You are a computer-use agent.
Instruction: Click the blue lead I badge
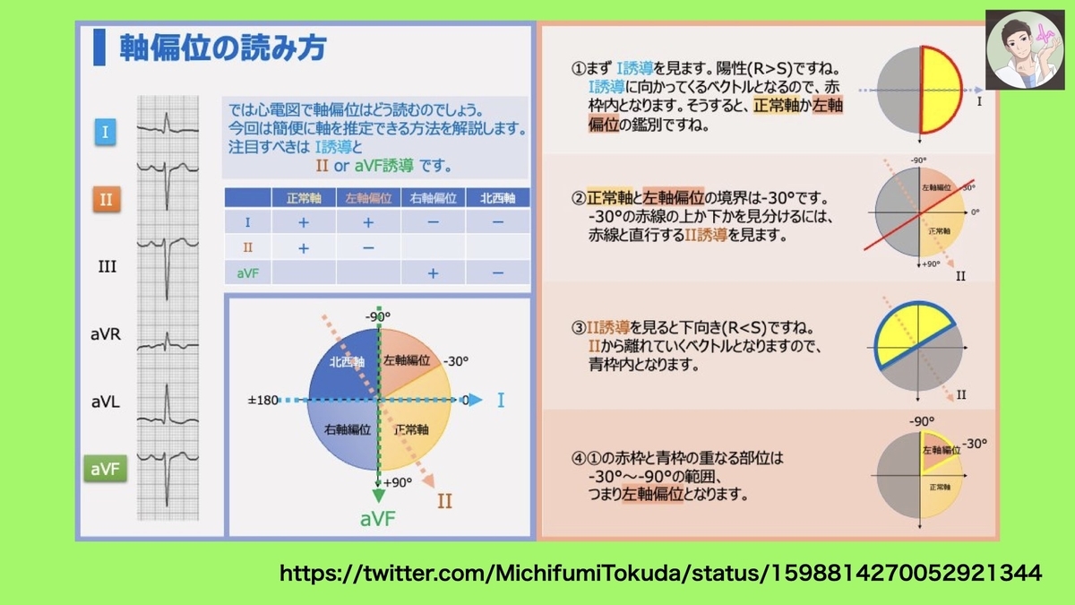point(105,132)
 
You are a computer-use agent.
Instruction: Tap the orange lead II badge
point(106,199)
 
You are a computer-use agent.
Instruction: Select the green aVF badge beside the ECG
point(105,469)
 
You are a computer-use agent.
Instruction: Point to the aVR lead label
point(106,333)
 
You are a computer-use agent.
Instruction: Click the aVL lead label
point(106,402)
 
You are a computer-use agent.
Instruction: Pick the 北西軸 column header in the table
point(498,198)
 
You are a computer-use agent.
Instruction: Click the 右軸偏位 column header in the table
point(433,198)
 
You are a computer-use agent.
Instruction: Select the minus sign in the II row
point(368,247)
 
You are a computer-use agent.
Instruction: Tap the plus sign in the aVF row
point(433,273)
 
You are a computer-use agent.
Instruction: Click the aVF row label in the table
point(247,273)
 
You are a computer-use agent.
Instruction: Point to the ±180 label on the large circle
point(262,400)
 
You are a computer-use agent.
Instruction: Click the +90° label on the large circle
point(398,482)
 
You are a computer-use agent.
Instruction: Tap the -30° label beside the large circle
point(455,361)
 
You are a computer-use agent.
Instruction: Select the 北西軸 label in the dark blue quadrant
point(347,362)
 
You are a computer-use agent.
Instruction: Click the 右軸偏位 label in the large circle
point(347,429)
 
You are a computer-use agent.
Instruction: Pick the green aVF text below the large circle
point(378,519)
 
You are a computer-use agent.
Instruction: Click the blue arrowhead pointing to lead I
point(476,400)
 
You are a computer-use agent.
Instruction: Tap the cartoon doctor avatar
point(1025,50)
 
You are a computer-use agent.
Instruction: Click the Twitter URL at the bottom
point(660,573)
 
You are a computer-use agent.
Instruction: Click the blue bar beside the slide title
point(99,47)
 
